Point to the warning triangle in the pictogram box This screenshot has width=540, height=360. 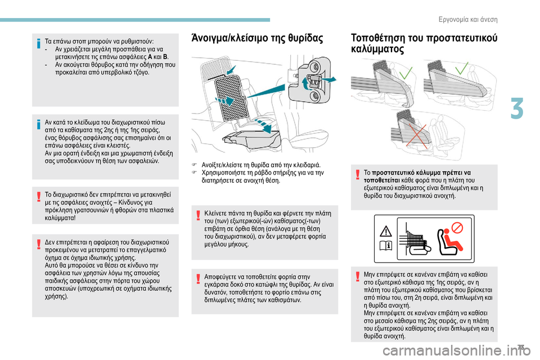point(386,231)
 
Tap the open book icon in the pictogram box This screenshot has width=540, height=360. point(386,246)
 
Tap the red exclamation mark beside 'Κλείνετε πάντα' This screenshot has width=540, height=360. point(195,215)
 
